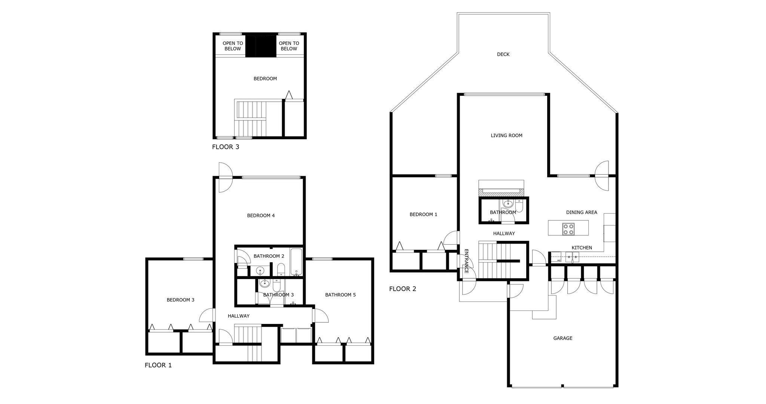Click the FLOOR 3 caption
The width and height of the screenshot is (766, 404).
[x=226, y=147]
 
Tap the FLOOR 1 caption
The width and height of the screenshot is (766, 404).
[x=158, y=365]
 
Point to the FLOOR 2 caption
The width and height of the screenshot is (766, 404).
[x=402, y=289]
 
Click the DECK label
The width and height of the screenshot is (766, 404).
[x=503, y=55]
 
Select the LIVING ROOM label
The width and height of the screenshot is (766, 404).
[x=506, y=136]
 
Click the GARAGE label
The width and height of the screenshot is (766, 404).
[x=563, y=339]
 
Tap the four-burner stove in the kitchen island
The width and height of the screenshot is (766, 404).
[x=569, y=229]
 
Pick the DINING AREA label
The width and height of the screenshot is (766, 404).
[x=582, y=212]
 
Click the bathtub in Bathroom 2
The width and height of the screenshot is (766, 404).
[x=296, y=261]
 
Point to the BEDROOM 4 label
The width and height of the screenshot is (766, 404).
[x=261, y=216]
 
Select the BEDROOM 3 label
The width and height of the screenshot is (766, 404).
[x=181, y=300]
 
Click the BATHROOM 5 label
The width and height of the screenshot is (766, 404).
[x=340, y=295]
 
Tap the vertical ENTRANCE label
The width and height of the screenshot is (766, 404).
[x=466, y=261]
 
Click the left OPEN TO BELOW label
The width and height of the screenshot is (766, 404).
[x=233, y=46]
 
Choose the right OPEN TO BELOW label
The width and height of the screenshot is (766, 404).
[x=289, y=46]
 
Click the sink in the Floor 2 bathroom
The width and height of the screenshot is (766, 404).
[x=508, y=204]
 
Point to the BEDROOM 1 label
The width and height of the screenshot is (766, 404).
[x=423, y=215]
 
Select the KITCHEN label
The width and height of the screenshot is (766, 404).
[x=582, y=248]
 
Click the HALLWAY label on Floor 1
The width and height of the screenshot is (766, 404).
[x=239, y=316]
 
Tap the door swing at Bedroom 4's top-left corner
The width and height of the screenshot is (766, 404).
[x=226, y=177]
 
